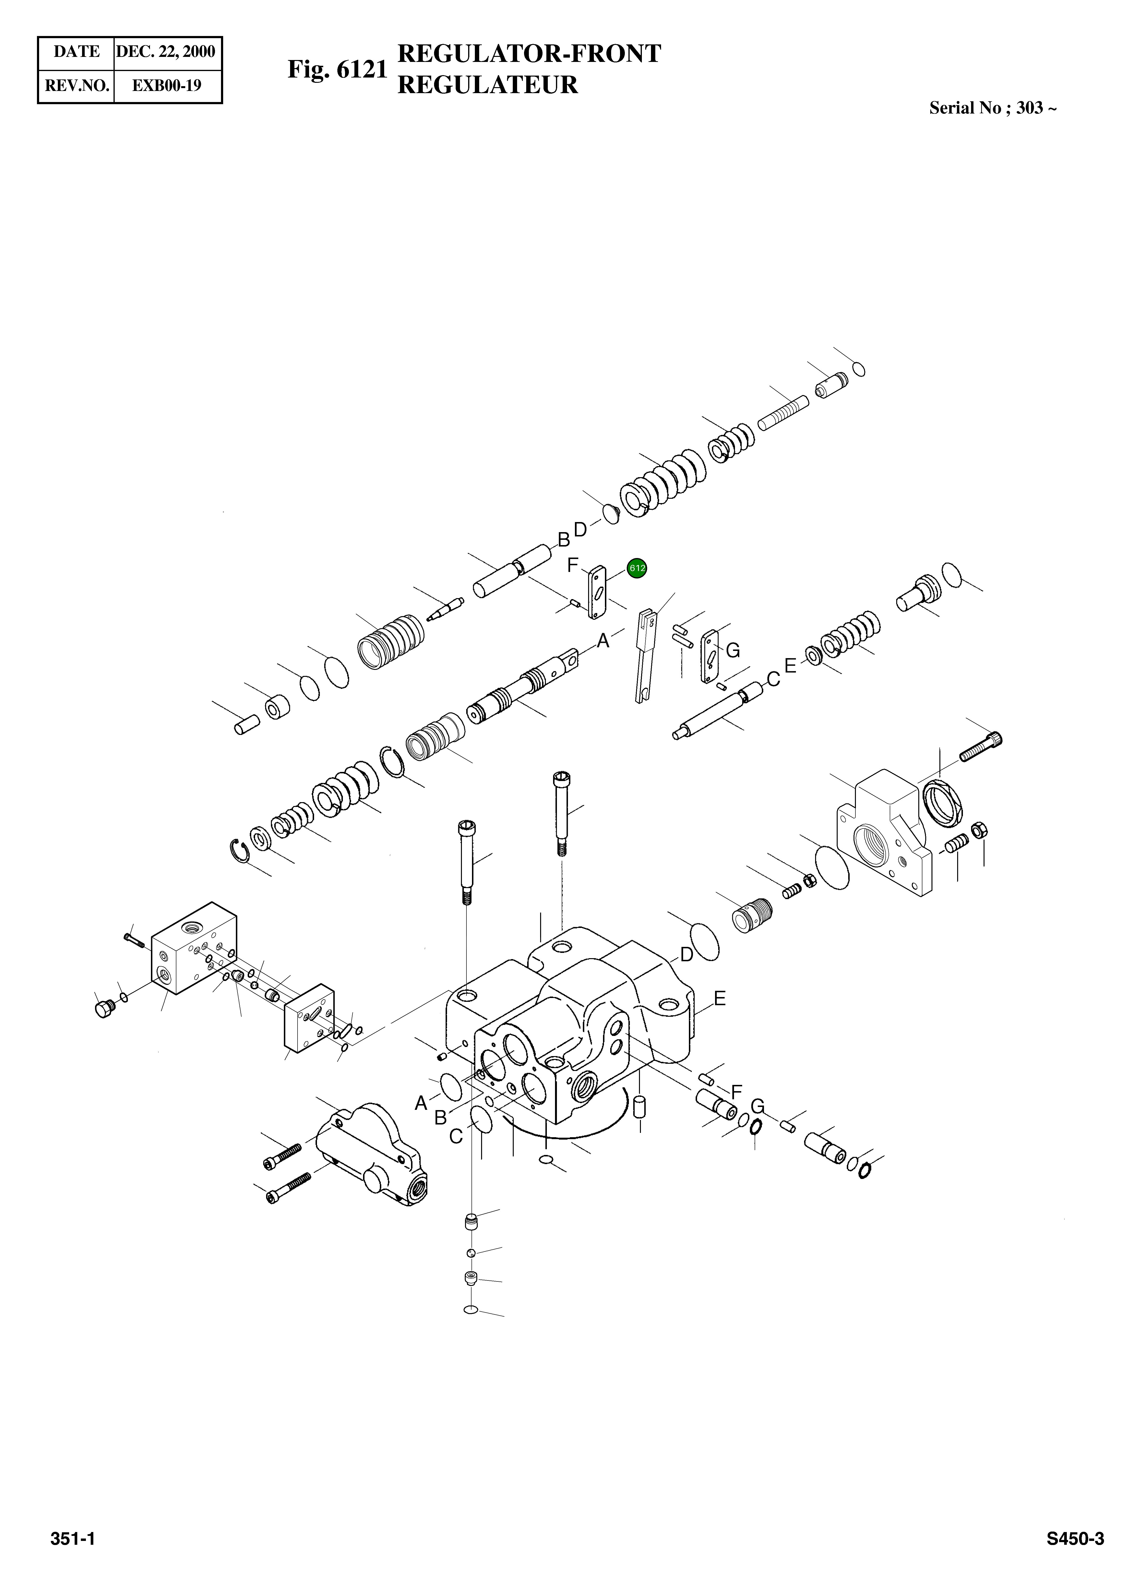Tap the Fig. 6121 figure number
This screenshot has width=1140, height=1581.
pyautogui.click(x=337, y=69)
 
